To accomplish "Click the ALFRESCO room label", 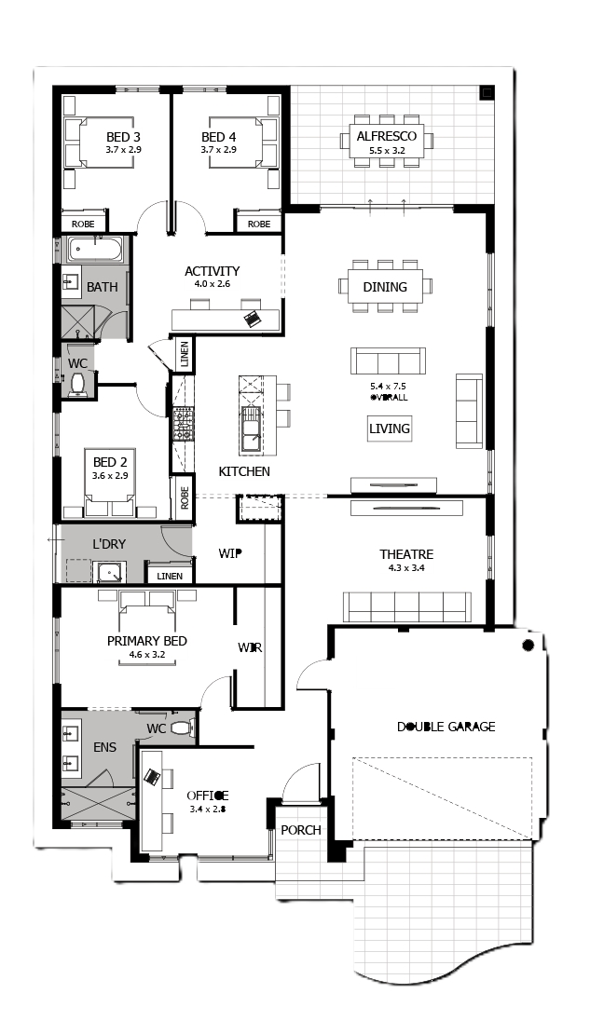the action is (387, 137).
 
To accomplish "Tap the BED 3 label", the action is (123, 137).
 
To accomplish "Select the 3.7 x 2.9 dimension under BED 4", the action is (218, 150).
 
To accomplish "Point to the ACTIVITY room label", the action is (212, 271).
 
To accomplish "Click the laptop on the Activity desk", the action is (253, 320).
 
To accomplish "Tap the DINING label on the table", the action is (385, 287).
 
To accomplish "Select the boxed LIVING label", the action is (390, 429).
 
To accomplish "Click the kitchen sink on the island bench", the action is (251, 429).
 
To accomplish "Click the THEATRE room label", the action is (406, 554).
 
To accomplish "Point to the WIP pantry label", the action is (229, 554).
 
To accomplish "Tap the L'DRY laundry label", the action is (109, 544).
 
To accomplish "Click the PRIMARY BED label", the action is (147, 641).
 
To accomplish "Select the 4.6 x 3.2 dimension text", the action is (147, 655).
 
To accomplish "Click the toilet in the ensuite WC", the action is (182, 728).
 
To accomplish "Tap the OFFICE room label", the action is (207, 796).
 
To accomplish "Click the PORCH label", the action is (301, 830).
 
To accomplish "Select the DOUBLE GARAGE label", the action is (446, 727).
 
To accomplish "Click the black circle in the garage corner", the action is (528, 645).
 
